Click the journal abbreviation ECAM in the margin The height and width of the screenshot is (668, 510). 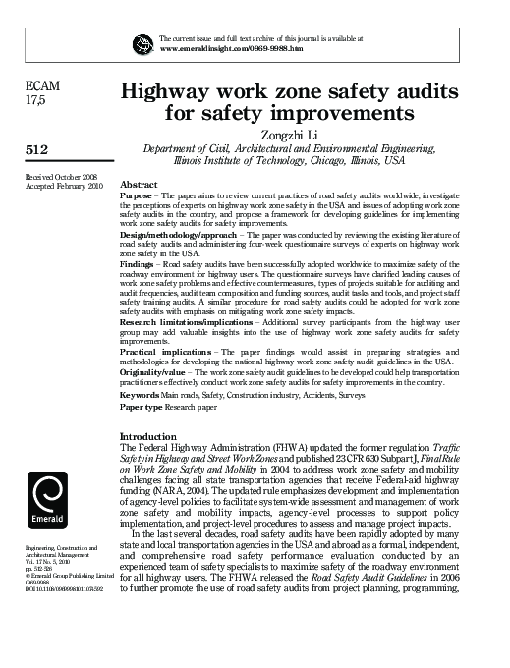(x=43, y=86)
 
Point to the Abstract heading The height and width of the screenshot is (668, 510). (x=139, y=185)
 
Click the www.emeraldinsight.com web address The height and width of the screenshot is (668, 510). (x=219, y=48)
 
